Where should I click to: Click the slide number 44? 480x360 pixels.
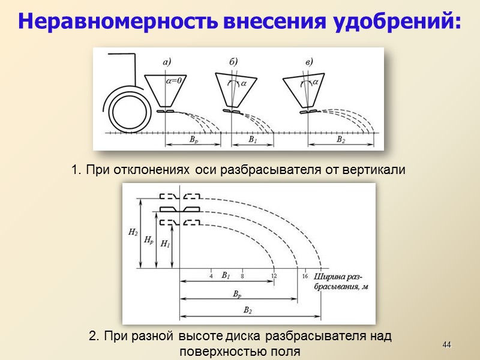[x=446, y=344]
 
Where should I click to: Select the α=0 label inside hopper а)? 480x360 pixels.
[x=173, y=83]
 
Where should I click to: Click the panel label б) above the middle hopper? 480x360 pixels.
[x=233, y=61]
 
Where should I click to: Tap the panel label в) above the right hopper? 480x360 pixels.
[x=309, y=61]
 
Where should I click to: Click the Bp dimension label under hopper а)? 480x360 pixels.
[x=192, y=140]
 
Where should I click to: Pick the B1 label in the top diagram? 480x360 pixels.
[x=253, y=140]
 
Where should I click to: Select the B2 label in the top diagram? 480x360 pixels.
[x=340, y=140]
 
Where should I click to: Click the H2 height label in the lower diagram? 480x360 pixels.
[x=133, y=232]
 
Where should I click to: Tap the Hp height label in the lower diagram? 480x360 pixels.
[x=149, y=239]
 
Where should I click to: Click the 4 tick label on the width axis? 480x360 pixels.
[x=211, y=276]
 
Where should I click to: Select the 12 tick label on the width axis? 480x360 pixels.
[x=274, y=276]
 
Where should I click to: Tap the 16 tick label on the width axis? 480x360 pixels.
[x=305, y=276]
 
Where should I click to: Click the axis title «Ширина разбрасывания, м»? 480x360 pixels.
[x=340, y=281]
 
